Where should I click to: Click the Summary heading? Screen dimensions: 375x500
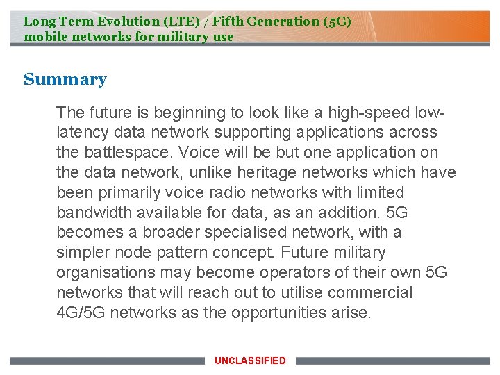point(65,80)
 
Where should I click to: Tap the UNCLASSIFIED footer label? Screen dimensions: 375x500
point(250,360)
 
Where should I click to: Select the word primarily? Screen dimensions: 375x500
point(134,192)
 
